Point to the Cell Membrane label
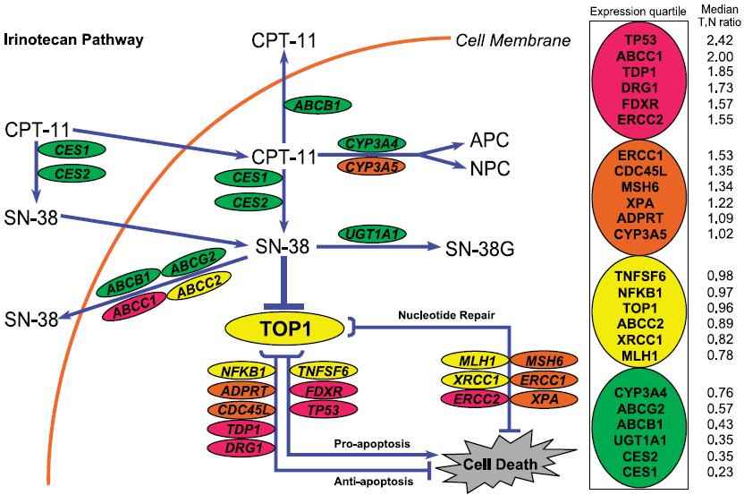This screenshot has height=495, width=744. [512, 40]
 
